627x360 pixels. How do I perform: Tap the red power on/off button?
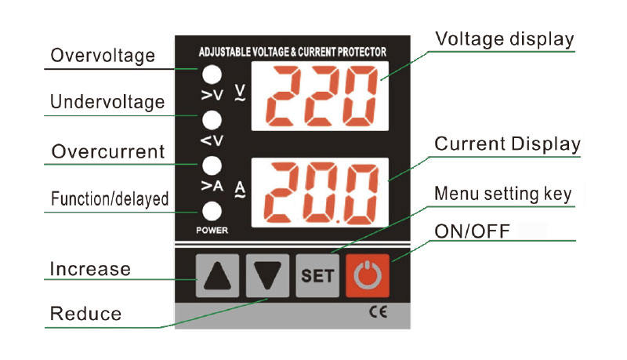click(x=367, y=275)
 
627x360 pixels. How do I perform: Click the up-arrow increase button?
click(x=217, y=275)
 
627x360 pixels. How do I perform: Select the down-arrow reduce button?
click(x=267, y=275)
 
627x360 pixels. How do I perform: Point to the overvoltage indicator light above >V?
click(x=212, y=75)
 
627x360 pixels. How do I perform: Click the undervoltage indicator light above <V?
click(x=212, y=120)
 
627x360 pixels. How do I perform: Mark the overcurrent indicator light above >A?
click(x=212, y=165)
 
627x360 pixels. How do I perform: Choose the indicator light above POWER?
click(x=212, y=211)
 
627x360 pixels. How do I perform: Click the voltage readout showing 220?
click(x=320, y=96)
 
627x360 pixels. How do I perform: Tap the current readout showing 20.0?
click(x=320, y=193)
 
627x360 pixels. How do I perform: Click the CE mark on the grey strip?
click(x=378, y=312)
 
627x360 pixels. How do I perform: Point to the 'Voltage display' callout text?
click(x=505, y=39)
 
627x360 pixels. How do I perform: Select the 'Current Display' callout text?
click(x=507, y=144)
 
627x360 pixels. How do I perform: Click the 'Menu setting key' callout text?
click(x=503, y=194)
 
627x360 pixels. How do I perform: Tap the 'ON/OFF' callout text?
click(x=473, y=231)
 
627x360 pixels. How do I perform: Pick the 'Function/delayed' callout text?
click(x=110, y=198)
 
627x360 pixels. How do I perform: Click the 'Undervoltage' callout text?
click(x=107, y=102)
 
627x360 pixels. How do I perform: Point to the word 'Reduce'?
click(x=85, y=314)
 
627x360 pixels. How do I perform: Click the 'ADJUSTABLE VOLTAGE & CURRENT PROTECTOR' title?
click(x=292, y=52)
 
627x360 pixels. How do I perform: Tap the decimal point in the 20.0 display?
click(x=338, y=220)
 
